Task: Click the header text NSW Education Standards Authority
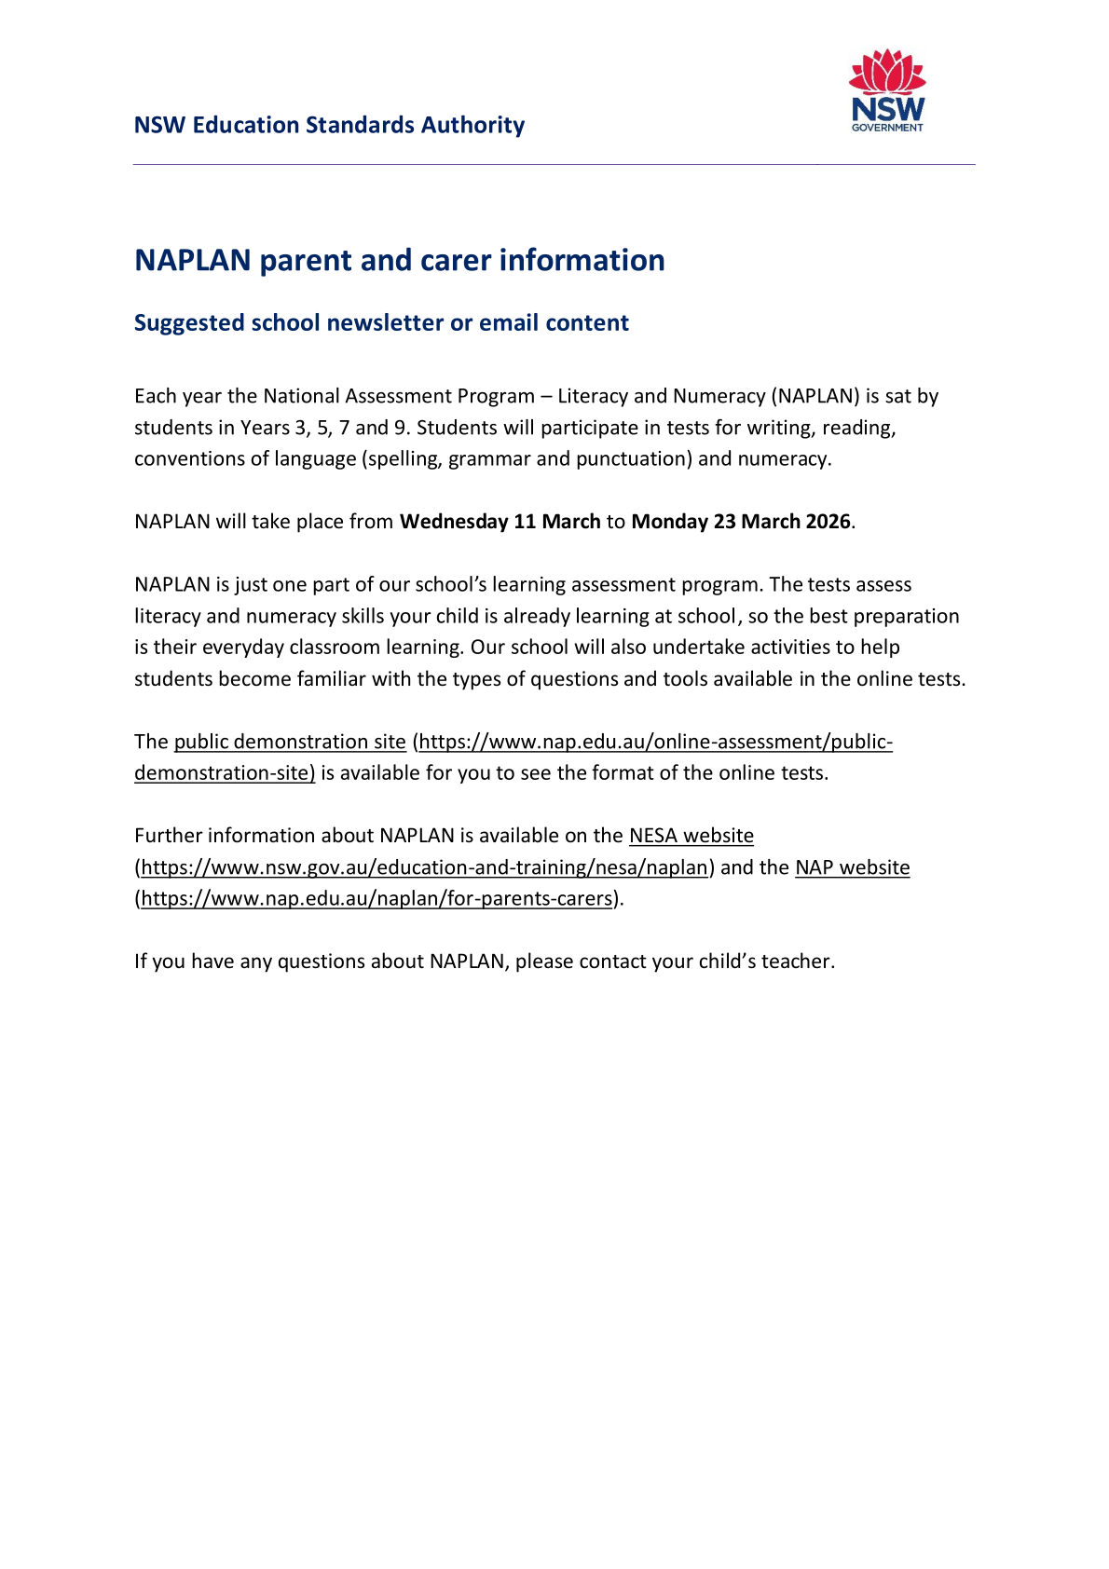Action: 329,125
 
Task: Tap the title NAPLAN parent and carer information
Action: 399,260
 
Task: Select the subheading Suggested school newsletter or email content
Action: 381,322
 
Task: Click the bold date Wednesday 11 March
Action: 500,522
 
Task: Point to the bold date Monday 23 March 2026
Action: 741,522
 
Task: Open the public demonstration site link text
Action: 290,742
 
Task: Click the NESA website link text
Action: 691,836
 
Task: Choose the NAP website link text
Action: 852,867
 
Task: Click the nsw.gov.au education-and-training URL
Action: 425,867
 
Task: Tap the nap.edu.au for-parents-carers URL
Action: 377,899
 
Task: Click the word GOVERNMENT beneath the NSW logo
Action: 887,128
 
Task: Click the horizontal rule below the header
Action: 554,165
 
